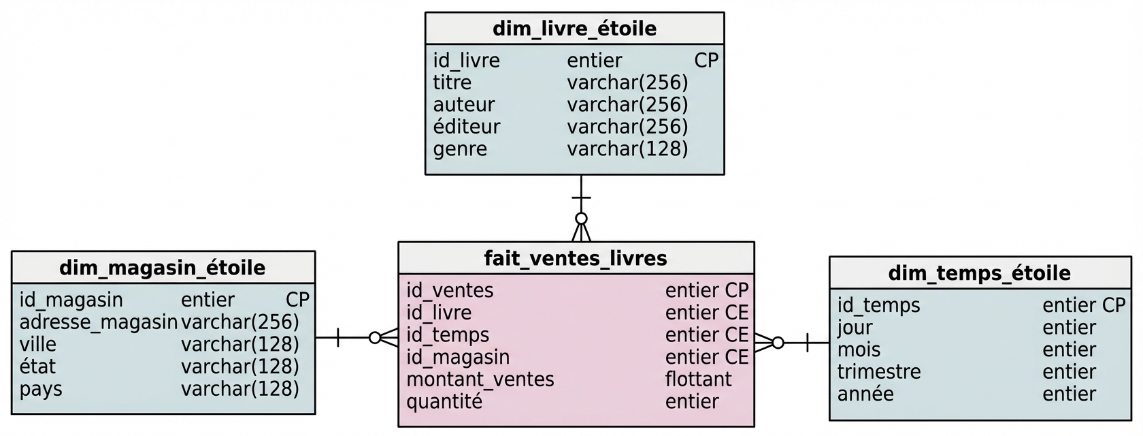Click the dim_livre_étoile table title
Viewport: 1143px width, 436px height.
tap(574, 29)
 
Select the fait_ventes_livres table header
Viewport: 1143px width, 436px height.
tap(576, 258)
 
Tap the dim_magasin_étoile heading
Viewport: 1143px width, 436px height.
tap(163, 268)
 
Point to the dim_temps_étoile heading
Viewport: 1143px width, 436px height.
tap(979, 273)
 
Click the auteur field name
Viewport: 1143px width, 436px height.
tap(464, 105)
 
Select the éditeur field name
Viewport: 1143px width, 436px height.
tap(467, 127)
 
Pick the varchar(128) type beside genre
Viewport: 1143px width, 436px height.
tap(627, 149)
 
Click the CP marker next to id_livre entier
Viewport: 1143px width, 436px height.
tap(706, 61)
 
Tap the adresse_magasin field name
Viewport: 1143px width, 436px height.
tap(98, 322)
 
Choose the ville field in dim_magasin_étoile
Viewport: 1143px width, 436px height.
tap(38, 345)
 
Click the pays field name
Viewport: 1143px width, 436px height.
tap(41, 389)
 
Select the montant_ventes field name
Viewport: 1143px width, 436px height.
tap(480, 379)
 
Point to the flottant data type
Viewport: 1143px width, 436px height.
tap(698, 379)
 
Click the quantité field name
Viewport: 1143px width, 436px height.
tap(444, 402)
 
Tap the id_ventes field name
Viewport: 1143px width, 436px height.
tap(450, 290)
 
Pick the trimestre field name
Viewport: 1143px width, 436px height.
tap(879, 372)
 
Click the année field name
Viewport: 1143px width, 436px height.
tap(865, 394)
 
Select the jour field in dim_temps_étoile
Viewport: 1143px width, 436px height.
tap(855, 328)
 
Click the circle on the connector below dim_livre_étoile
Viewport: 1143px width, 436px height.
tap(581, 219)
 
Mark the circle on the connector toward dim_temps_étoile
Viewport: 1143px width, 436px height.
tap(778, 343)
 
